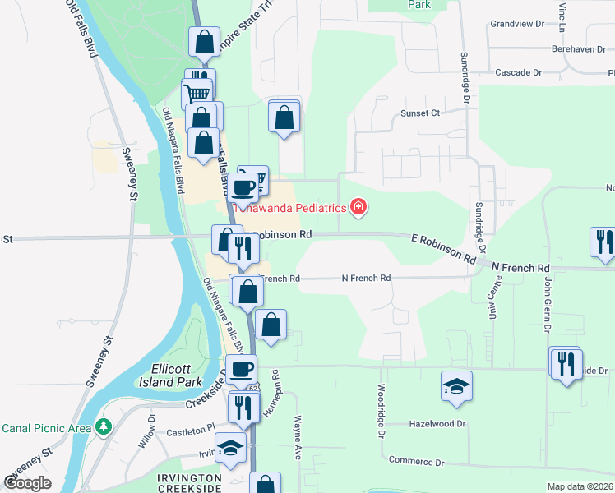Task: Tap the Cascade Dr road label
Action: click(518, 73)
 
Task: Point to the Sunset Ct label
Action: click(420, 113)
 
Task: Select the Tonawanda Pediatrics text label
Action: click(289, 208)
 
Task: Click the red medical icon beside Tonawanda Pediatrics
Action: click(358, 207)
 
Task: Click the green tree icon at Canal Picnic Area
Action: click(104, 427)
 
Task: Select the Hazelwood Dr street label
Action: click(437, 424)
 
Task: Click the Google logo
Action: click(27, 483)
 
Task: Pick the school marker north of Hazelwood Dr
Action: click(456, 385)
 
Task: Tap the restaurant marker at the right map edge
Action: click(602, 242)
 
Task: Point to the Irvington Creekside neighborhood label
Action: click(191, 483)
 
